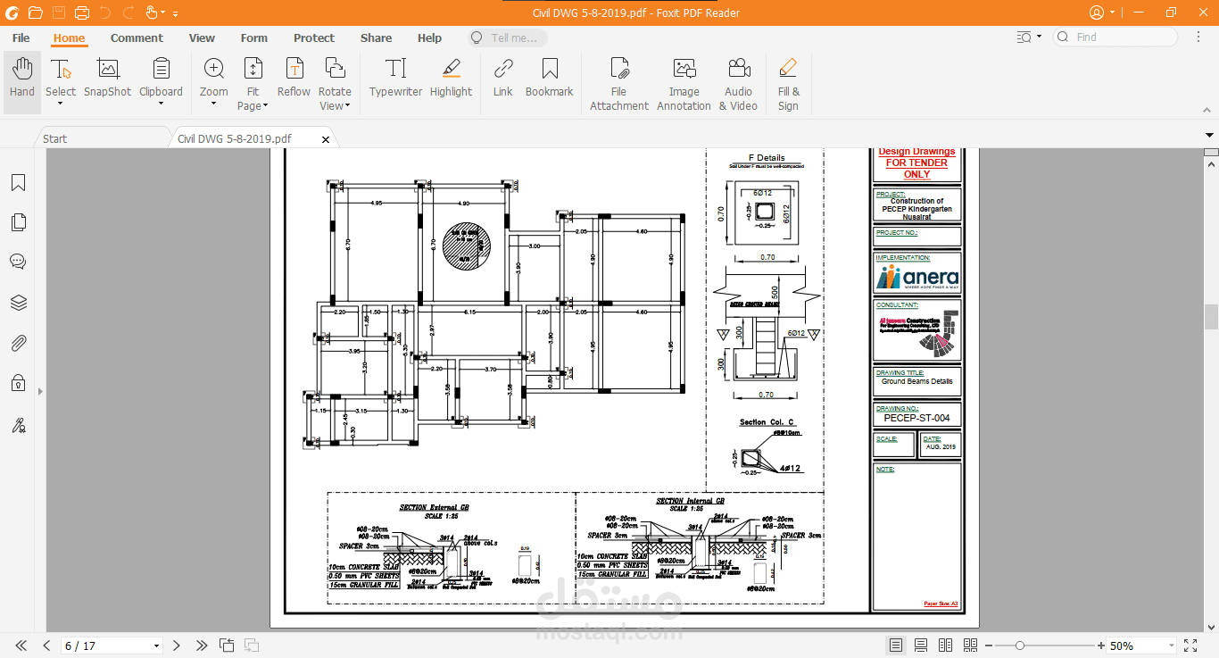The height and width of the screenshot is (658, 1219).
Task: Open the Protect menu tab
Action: (314, 37)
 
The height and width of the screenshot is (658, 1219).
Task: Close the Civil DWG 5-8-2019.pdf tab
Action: (326, 139)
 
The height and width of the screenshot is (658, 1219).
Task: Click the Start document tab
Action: (55, 138)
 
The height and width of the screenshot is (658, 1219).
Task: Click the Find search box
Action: (1124, 37)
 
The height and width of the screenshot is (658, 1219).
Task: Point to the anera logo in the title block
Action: (916, 279)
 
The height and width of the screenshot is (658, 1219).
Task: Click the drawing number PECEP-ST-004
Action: (916, 418)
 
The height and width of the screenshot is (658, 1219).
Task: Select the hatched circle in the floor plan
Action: (467, 246)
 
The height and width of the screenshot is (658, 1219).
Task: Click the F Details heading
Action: (766, 158)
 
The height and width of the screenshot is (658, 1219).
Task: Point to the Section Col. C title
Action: (766, 422)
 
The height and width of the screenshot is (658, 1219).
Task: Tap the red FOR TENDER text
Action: (916, 162)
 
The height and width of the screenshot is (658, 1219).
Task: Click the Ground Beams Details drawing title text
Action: (916, 381)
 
